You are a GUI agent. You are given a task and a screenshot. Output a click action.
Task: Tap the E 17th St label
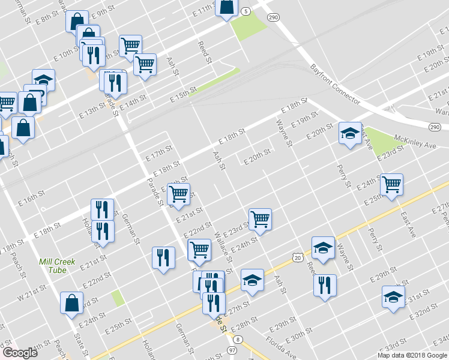click(159, 152)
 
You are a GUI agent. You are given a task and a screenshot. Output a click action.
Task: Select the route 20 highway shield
click(298, 257)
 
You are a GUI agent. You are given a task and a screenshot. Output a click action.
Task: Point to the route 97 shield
click(232, 349)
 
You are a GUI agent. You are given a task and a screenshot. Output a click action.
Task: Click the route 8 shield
click(238, 340)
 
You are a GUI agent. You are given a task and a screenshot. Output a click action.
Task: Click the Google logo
click(20, 353)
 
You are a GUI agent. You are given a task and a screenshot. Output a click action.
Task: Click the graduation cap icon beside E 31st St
click(393, 297)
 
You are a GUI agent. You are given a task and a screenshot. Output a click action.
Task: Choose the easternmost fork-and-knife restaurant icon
click(325, 285)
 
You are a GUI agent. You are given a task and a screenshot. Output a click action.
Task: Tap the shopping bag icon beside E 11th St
click(227, 8)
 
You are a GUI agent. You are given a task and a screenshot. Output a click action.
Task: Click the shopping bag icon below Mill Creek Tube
click(72, 303)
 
